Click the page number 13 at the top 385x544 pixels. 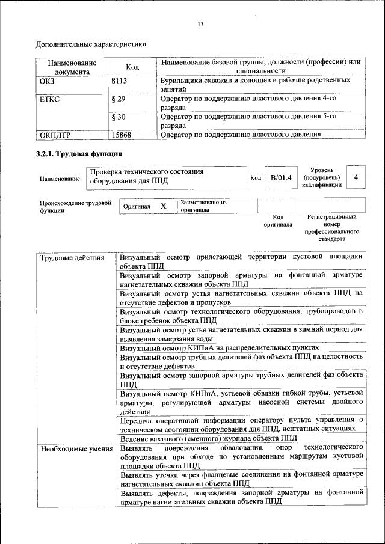[x=200, y=24]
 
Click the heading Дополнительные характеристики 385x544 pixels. [x=90, y=44]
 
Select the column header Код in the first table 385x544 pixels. [x=132, y=67]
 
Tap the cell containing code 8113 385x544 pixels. [x=120, y=80]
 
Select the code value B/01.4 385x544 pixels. [x=280, y=177]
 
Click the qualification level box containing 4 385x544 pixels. [x=356, y=177]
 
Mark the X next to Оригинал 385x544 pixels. [x=163, y=206]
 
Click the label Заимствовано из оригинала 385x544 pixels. [x=203, y=206]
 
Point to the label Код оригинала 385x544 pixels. [x=277, y=221]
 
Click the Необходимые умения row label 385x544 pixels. [x=76, y=448]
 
